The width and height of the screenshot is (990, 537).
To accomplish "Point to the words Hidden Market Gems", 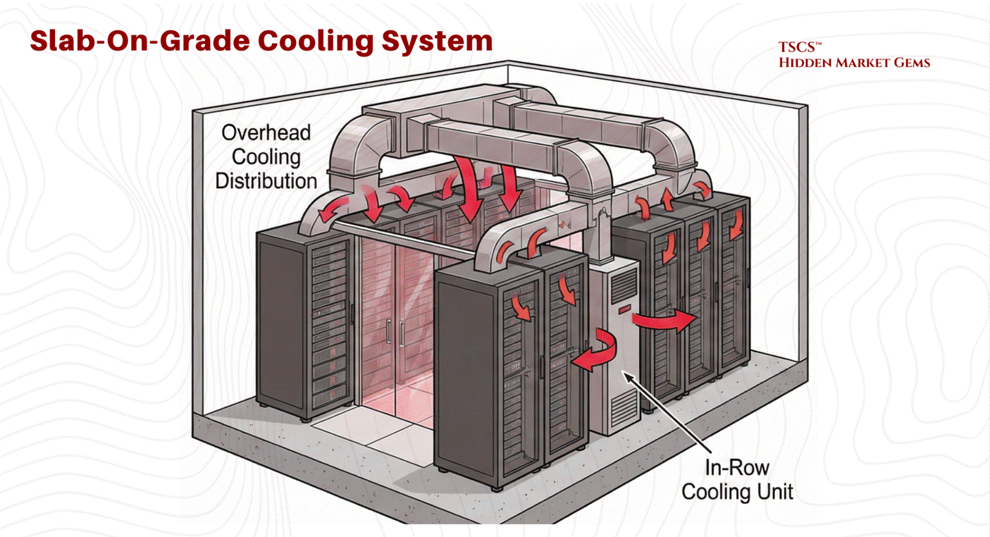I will tap(854, 63).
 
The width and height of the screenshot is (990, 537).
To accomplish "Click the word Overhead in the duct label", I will tap(266, 132).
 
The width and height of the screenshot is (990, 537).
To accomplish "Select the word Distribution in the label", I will tap(266, 180).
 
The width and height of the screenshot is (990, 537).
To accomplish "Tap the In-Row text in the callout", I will tap(737, 467).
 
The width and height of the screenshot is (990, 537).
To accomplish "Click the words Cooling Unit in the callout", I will tap(737, 490).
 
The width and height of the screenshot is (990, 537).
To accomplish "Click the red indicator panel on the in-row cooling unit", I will tap(623, 309).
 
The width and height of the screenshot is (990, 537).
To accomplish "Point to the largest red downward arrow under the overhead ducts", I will tap(469, 187).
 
